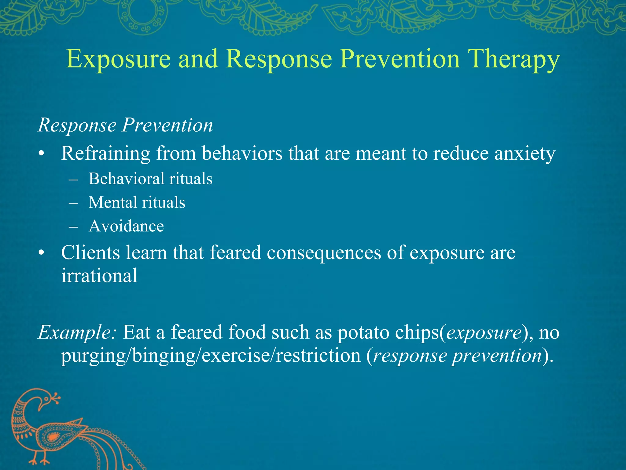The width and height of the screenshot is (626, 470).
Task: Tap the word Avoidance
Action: click(x=126, y=226)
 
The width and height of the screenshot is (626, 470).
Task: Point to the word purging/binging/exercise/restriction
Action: click(x=211, y=356)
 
